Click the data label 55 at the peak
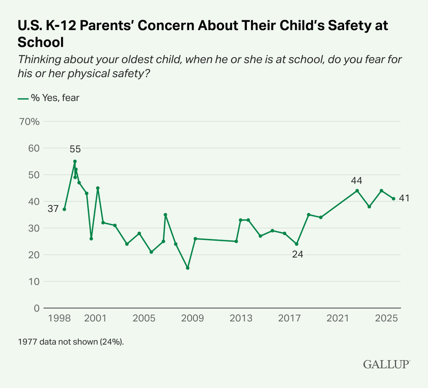pyautogui.click(x=75, y=149)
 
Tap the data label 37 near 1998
pyautogui.click(x=53, y=209)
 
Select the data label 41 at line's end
pyautogui.click(x=404, y=198)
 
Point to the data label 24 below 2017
pyautogui.click(x=297, y=255)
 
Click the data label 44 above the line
pyautogui.click(x=356, y=180)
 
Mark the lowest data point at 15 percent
pyautogui.click(x=188, y=268)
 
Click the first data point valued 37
pyautogui.click(x=64, y=209)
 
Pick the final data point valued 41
pyautogui.click(x=393, y=199)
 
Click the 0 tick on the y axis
pyautogui.click(x=36, y=308)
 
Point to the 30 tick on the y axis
pyautogui.click(x=34, y=228)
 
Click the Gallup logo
pyautogui.click(x=387, y=364)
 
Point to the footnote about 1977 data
pyautogui.click(x=71, y=342)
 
